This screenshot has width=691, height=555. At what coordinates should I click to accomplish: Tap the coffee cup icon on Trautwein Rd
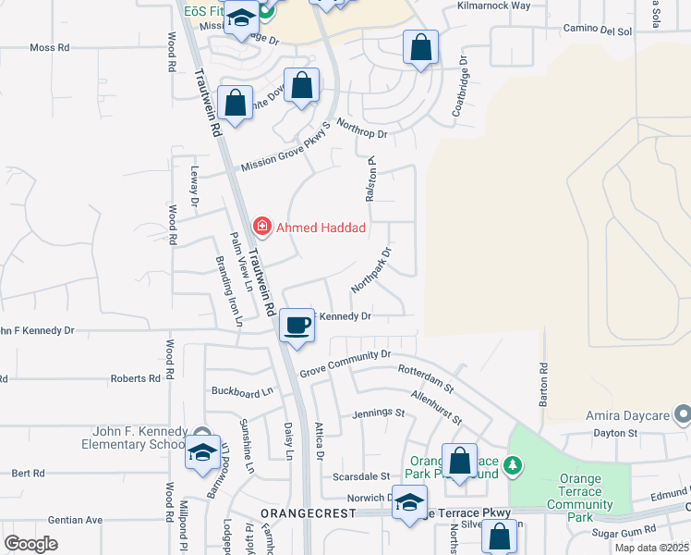(x=297, y=326)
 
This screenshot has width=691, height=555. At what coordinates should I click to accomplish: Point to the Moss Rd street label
(x=50, y=47)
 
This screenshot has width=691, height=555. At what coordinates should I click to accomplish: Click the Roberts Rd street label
(x=136, y=378)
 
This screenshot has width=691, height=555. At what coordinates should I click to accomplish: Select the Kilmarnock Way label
(x=494, y=6)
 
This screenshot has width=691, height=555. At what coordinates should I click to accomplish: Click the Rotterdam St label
(x=426, y=376)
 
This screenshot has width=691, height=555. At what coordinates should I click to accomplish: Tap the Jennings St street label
(x=379, y=413)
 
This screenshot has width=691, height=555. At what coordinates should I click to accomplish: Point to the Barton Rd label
(x=543, y=384)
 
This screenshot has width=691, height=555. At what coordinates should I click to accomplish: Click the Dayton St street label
(x=616, y=432)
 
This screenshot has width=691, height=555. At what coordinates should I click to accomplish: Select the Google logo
(x=30, y=543)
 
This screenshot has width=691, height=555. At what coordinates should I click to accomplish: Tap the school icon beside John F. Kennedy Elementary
(x=201, y=452)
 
